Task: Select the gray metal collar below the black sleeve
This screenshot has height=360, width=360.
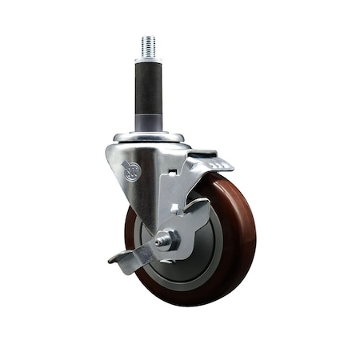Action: tap(149, 122)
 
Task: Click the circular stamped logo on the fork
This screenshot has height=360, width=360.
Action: tap(132, 170)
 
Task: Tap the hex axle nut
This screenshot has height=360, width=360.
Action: tap(168, 239)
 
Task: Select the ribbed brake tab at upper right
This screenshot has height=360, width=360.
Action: tap(214, 164)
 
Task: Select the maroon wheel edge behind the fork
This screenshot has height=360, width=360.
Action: tap(130, 232)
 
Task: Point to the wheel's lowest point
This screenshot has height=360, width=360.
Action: tap(192, 306)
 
